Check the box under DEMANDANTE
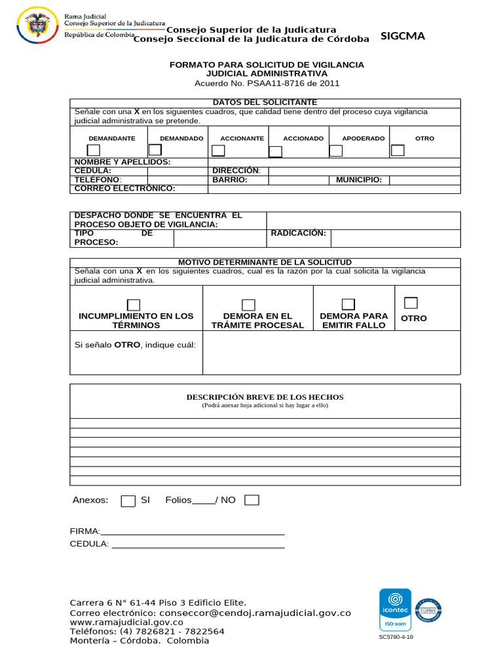click(94, 151)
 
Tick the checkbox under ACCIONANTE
click(218, 151)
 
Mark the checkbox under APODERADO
click(335, 151)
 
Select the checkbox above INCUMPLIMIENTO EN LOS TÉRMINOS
click(134, 305)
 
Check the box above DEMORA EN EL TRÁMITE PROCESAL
click(248, 305)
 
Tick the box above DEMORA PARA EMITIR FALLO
click(348, 304)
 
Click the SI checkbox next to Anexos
click(128, 501)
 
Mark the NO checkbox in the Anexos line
click(251, 501)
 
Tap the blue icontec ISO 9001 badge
click(395, 609)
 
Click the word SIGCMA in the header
click(403, 37)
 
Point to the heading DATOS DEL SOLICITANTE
click(265, 102)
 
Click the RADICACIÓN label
click(298, 233)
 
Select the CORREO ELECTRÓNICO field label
click(125, 189)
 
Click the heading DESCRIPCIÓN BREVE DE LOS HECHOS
click(265, 397)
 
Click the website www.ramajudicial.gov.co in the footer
click(126, 623)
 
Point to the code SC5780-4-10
click(396, 637)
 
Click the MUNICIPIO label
click(359, 180)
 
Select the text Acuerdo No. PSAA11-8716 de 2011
click(267, 83)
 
